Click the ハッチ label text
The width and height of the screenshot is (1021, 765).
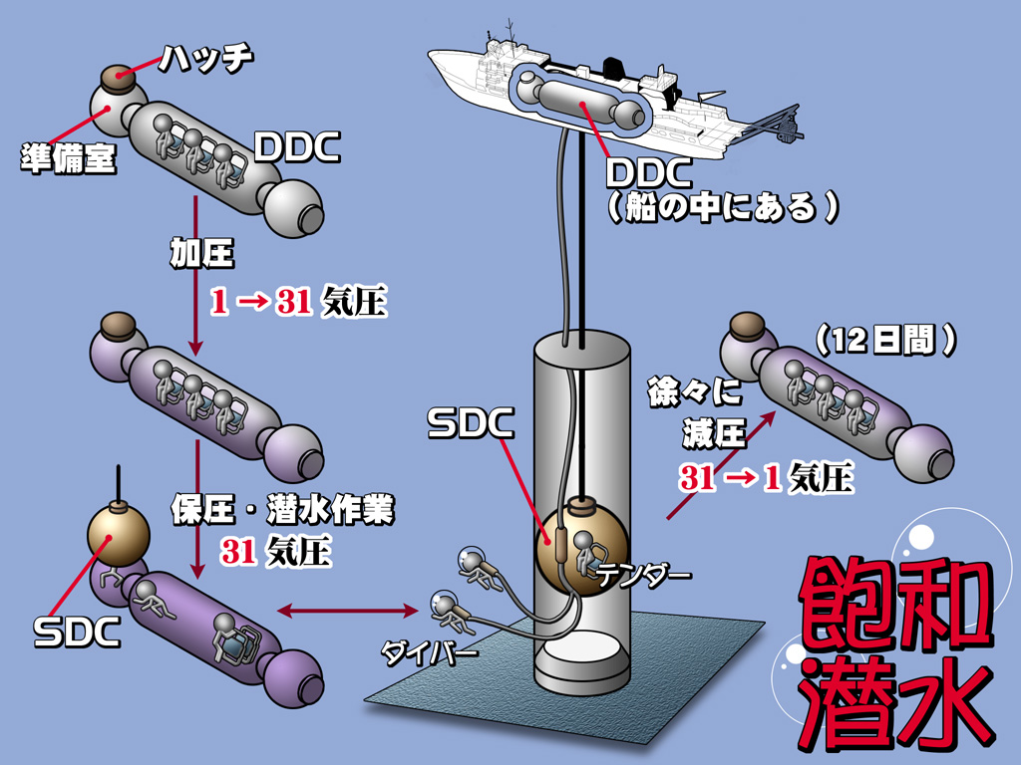[206, 59]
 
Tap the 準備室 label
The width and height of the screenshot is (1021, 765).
[69, 158]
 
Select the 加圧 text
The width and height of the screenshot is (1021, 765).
[201, 253]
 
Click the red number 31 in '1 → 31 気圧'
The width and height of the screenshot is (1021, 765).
[294, 302]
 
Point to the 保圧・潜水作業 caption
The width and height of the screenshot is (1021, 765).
[283, 509]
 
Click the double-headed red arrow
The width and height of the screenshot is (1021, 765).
[347, 611]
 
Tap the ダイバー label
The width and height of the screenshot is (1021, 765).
[429, 651]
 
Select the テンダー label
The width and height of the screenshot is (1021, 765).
[644, 575]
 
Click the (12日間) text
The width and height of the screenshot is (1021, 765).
[885, 340]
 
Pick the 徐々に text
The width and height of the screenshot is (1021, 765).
[694, 391]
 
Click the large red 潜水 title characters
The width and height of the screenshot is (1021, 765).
[896, 703]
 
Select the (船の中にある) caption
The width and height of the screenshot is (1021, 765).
[723, 208]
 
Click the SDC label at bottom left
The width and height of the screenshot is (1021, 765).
[77, 632]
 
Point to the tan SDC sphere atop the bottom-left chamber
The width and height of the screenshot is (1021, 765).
[119, 534]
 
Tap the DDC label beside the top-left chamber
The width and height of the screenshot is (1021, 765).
[297, 147]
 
